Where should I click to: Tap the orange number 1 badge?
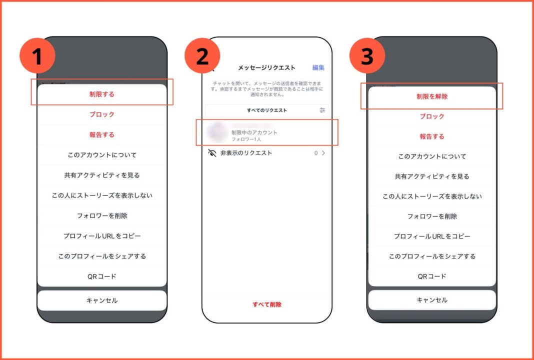(37, 56)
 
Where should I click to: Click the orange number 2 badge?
(202, 56)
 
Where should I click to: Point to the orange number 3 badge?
(367, 56)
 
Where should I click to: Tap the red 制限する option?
(102, 94)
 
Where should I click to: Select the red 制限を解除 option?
(432, 96)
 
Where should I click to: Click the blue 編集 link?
(318, 68)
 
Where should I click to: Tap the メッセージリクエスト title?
(266, 68)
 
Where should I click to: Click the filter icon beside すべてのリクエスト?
(322, 110)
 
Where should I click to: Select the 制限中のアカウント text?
(254, 132)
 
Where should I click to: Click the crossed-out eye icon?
(212, 153)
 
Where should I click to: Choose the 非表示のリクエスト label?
(246, 153)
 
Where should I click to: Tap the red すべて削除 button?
(266, 304)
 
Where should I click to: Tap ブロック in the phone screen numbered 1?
(102, 114)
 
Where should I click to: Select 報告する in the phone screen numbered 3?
(432, 136)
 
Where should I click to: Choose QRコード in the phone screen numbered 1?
(102, 276)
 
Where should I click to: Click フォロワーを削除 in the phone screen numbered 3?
(432, 216)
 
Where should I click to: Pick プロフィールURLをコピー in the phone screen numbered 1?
(102, 236)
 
